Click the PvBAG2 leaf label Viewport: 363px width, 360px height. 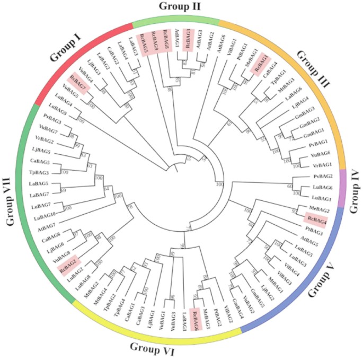(x=322, y=176)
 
